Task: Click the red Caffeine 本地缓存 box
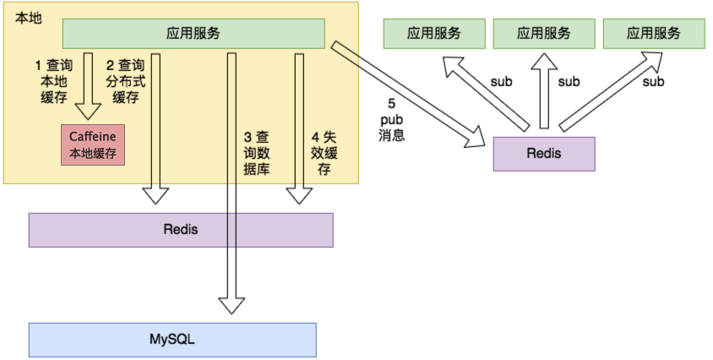click(93, 145)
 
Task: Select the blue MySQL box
click(172, 340)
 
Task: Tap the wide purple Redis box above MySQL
click(181, 230)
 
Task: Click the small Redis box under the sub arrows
click(544, 154)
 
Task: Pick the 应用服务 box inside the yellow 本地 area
click(193, 33)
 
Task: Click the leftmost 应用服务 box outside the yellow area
click(434, 33)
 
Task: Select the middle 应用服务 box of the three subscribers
click(544, 33)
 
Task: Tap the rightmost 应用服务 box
click(654, 33)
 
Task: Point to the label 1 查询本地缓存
click(54, 81)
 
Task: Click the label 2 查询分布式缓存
click(126, 81)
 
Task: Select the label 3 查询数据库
click(257, 153)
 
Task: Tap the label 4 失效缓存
click(324, 153)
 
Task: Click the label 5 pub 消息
click(391, 120)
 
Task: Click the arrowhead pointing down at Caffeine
click(88, 111)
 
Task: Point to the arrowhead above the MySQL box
click(231, 305)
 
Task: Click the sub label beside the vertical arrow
click(569, 82)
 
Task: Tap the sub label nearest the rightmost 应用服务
click(653, 82)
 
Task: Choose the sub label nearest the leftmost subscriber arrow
click(501, 82)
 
